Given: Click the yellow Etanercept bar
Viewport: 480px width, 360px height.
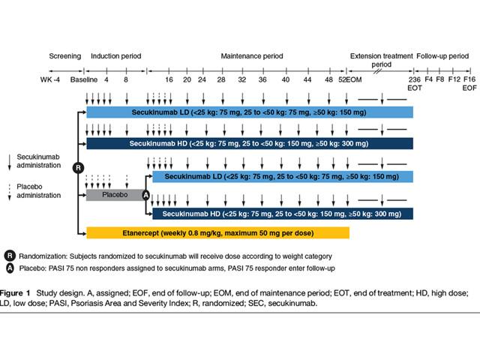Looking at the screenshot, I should (x=217, y=232).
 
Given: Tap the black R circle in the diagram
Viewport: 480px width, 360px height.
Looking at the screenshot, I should (x=76, y=166).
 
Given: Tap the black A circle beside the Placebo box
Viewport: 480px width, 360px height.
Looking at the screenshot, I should (x=146, y=195).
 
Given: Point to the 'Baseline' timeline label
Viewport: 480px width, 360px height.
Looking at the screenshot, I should (x=82, y=79).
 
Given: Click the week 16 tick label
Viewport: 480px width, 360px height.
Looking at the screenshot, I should (x=169, y=79).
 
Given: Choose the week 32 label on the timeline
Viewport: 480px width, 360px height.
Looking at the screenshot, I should (x=241, y=79).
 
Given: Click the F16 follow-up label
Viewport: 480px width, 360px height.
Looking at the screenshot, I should (x=469, y=79).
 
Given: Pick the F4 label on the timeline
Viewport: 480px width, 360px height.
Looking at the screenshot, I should (x=429, y=79).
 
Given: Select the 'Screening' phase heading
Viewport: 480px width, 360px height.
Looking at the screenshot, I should (x=64, y=56).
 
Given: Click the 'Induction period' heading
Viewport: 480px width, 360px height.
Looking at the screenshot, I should (x=115, y=56).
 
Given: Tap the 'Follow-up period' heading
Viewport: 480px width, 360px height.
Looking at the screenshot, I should (x=442, y=56).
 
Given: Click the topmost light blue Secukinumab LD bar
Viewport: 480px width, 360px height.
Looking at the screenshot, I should (x=250, y=112).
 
